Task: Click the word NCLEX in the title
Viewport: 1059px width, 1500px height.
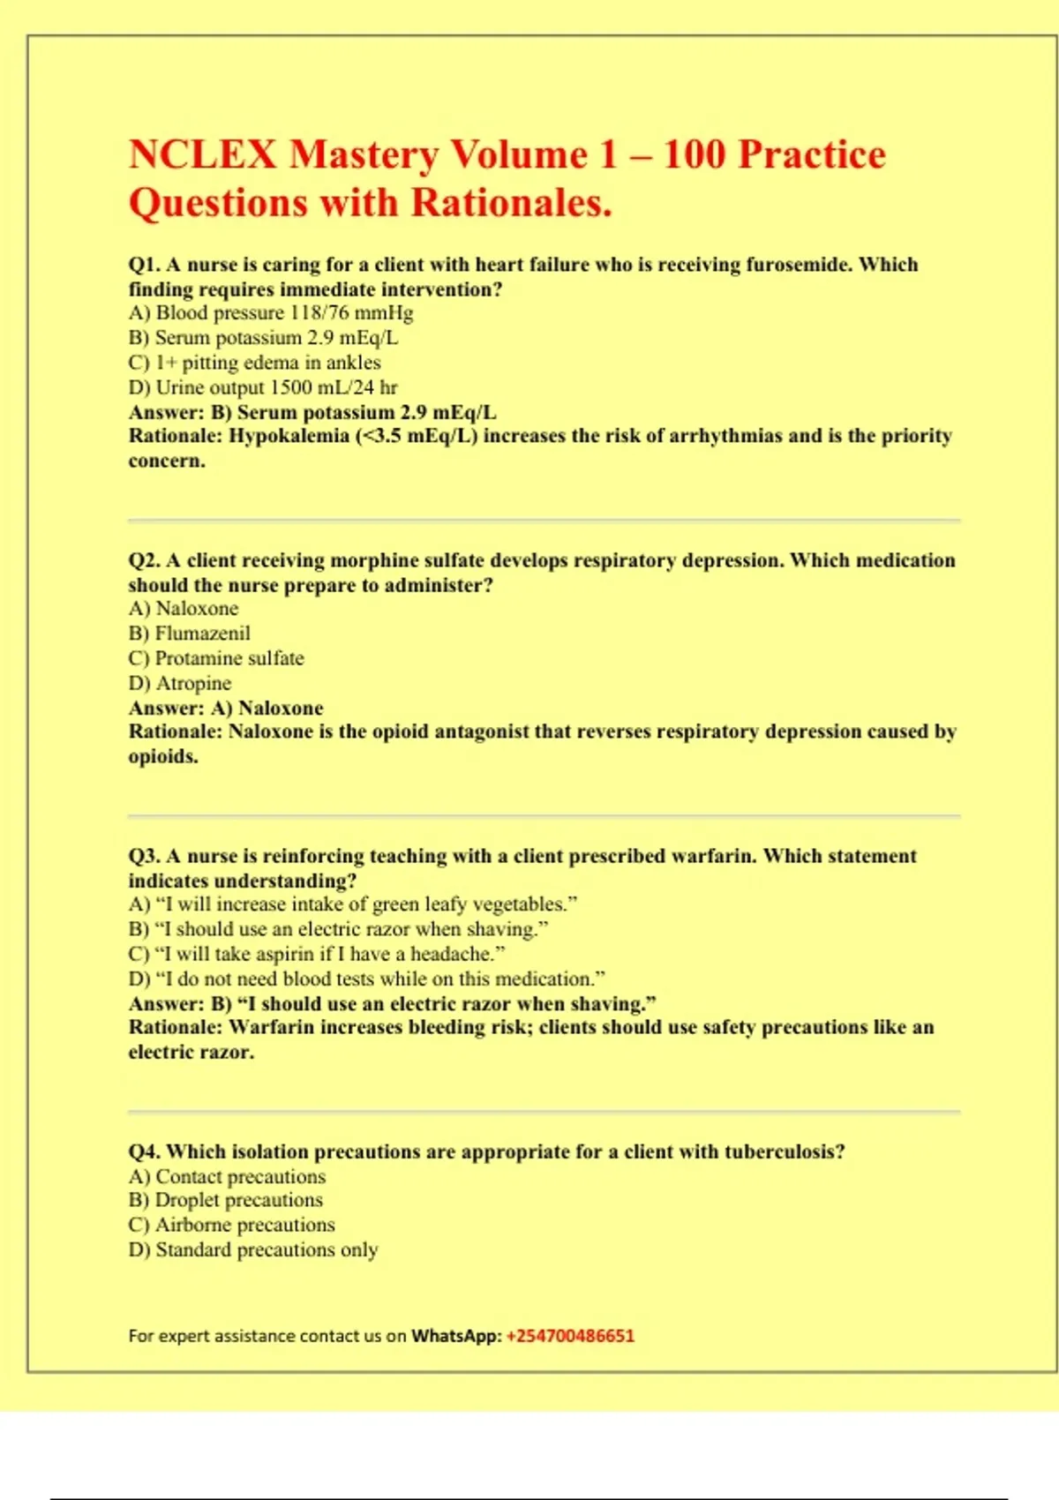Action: point(202,155)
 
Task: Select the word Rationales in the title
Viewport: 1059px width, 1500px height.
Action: point(511,203)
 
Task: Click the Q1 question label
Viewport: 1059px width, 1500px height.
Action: point(144,265)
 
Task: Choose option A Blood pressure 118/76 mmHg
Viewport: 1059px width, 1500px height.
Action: point(271,313)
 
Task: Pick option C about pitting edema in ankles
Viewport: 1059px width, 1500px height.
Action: point(255,363)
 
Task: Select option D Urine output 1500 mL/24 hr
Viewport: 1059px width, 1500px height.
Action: point(263,387)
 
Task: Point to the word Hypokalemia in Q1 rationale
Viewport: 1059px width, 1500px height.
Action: point(289,436)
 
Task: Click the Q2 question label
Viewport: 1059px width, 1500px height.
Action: point(144,560)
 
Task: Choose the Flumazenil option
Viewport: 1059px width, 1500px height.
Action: point(190,634)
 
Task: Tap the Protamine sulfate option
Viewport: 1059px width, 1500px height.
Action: point(216,658)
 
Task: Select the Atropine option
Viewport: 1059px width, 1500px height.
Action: point(180,683)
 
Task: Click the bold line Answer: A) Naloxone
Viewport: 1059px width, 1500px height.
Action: point(226,708)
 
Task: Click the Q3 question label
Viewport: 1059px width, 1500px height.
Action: point(144,856)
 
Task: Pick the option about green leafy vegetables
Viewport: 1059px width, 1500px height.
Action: point(353,904)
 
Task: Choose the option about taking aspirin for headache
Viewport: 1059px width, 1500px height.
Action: point(317,954)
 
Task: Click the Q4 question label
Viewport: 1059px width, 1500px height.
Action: point(144,1151)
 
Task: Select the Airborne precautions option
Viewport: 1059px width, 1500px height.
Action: point(232,1225)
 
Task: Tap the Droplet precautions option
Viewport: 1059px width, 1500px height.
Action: point(226,1200)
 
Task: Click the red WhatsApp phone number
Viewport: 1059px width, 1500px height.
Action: point(570,1336)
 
